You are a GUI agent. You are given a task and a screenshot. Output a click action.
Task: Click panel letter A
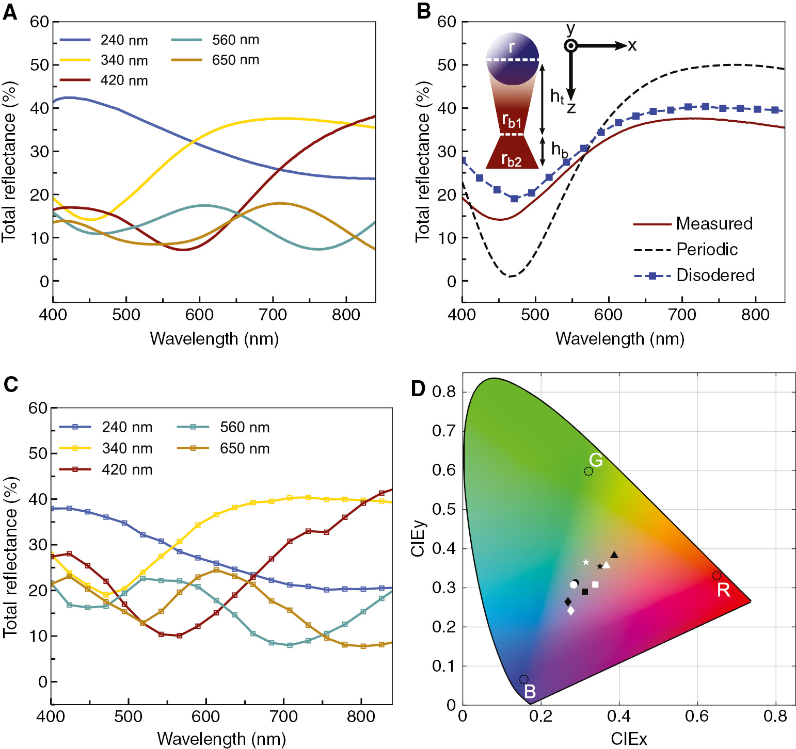10,12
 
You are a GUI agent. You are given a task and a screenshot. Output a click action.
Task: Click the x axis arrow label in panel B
632,46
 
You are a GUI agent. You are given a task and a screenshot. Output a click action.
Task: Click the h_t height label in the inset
557,96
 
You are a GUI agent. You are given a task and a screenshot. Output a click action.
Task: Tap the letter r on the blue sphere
512,47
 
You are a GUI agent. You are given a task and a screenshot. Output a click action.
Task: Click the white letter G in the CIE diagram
596,460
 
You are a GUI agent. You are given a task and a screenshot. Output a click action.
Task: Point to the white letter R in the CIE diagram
724,590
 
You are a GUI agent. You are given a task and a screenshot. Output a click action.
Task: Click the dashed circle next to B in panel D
523,679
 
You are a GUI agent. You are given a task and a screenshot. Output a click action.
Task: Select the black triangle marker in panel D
614,555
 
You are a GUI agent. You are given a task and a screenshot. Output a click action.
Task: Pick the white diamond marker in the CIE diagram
571,611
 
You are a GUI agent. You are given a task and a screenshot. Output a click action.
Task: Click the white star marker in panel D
586,562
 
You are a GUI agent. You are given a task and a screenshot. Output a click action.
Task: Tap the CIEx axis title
628,739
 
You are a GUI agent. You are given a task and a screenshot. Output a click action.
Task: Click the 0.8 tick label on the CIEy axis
443,392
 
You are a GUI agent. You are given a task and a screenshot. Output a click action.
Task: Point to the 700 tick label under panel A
273,315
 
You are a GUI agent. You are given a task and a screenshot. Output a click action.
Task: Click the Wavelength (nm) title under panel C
221,739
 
